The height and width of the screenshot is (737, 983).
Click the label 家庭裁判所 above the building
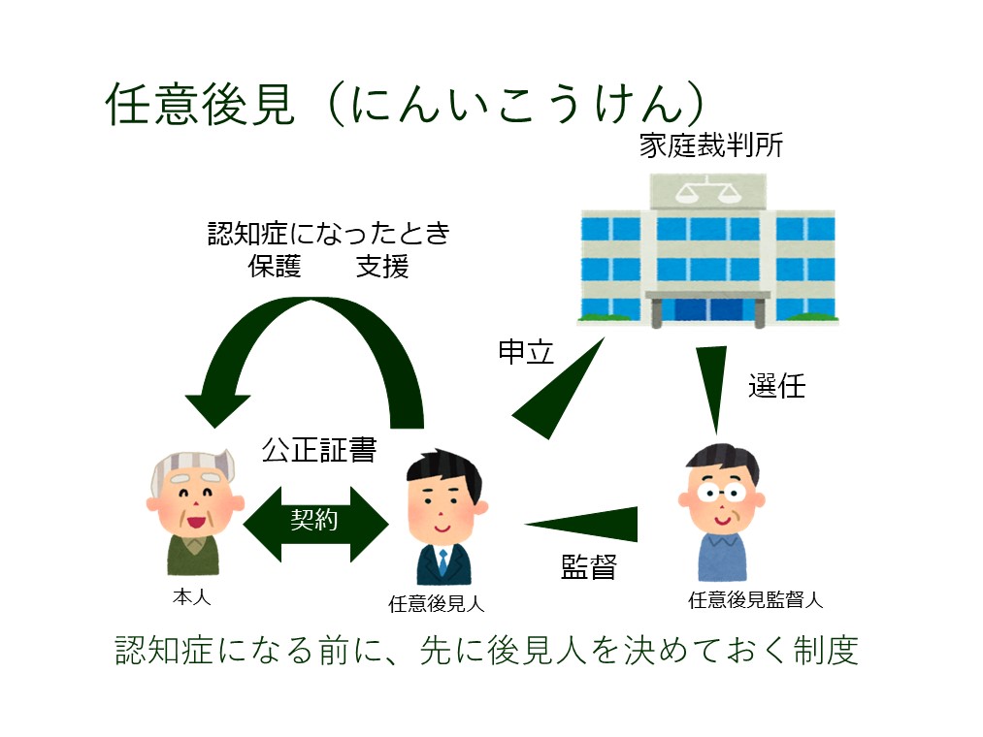tap(711, 144)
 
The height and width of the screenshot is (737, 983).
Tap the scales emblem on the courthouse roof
tap(707, 190)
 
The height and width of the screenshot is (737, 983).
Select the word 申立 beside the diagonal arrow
tap(525, 352)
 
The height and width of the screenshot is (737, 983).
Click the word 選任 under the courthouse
tap(776, 386)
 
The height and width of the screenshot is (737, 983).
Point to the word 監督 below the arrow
tap(589, 566)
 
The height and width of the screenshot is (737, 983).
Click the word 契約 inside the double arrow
tap(314, 520)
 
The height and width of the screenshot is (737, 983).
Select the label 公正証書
tap(319, 450)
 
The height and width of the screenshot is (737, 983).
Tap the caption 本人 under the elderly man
tap(192, 596)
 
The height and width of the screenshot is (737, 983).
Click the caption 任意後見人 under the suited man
tap(437, 603)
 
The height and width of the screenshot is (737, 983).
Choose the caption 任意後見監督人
tap(755, 600)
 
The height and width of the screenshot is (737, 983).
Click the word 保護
tap(275, 267)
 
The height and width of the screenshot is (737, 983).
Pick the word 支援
tap(382, 267)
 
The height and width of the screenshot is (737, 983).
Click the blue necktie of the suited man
tap(443, 562)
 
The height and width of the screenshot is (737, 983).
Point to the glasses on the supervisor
tap(722, 493)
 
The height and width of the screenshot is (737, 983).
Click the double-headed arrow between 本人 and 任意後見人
tap(315, 524)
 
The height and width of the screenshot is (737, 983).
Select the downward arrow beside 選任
tap(713, 389)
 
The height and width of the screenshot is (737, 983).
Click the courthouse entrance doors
tap(707, 310)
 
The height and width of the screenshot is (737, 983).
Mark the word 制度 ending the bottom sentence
tap(826, 650)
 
